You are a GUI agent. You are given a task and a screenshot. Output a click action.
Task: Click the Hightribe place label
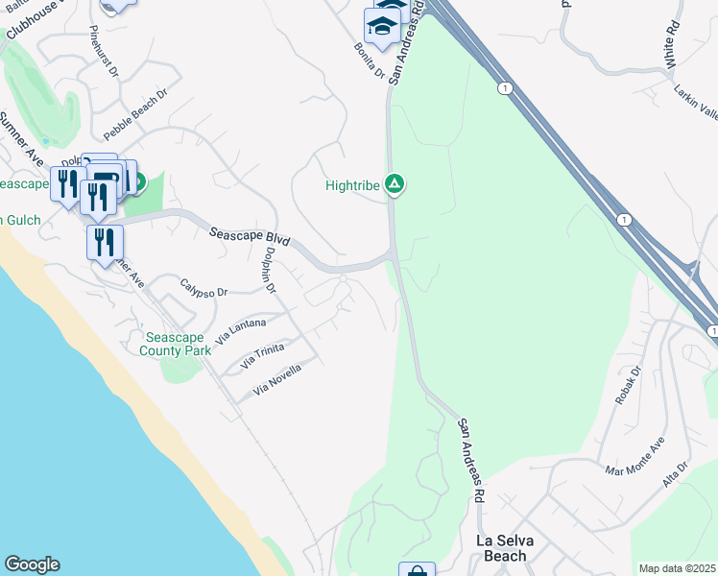[x=353, y=184]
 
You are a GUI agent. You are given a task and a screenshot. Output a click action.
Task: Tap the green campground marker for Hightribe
[x=394, y=183]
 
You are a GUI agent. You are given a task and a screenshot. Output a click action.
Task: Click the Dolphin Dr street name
[x=270, y=271]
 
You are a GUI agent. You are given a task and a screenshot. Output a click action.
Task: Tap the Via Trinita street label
[x=262, y=356]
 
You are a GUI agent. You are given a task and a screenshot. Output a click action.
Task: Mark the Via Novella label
[x=277, y=380]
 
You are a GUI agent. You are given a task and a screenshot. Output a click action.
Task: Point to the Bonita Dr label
[x=369, y=60]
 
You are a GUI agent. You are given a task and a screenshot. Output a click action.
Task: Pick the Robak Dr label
[x=626, y=386]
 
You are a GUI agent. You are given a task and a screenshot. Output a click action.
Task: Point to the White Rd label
[x=673, y=44]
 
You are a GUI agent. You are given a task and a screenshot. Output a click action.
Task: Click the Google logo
[x=32, y=564]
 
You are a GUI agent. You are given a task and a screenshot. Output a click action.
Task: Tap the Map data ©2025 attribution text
[x=678, y=568]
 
